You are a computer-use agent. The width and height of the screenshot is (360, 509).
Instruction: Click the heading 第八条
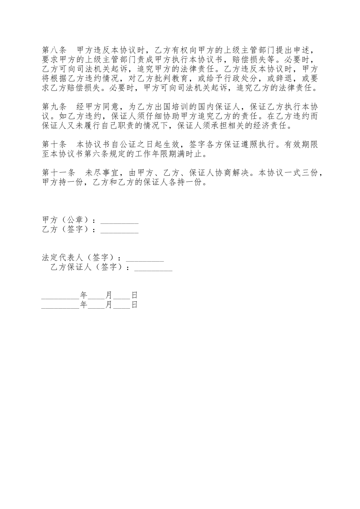(x=54, y=50)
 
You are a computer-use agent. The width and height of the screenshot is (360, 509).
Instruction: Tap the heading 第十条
(x=54, y=144)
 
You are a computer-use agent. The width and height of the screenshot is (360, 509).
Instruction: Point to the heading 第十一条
(x=58, y=173)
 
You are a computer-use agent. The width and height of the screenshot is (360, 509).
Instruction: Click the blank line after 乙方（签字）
(x=119, y=230)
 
